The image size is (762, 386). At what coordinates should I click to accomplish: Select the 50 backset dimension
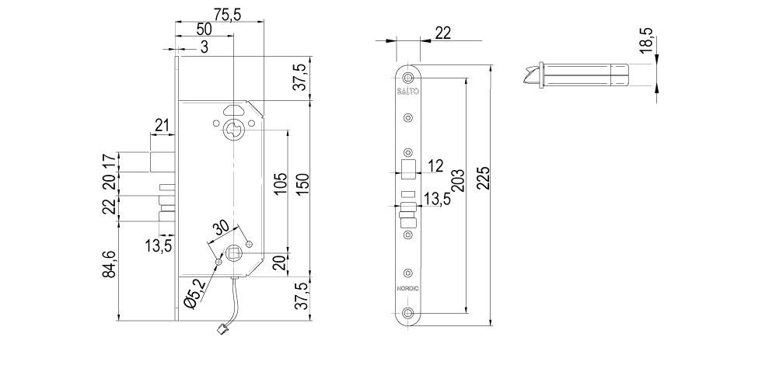pos(204,29)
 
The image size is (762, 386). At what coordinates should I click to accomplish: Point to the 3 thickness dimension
pos(204,47)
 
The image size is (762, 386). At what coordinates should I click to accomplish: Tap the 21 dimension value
pos(162,125)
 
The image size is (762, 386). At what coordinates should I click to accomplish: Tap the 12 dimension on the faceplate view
pos(435,165)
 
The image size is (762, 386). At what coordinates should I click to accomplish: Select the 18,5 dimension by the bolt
pos(646,41)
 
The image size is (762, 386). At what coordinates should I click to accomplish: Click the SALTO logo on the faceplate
pos(408,92)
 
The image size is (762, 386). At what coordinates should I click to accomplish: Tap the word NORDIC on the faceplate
pos(408,289)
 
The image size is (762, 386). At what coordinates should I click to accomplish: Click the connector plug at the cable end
pos(221,330)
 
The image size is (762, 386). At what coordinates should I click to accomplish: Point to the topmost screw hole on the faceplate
pos(408,77)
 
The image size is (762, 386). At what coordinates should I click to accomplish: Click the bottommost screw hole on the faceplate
pos(408,315)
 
